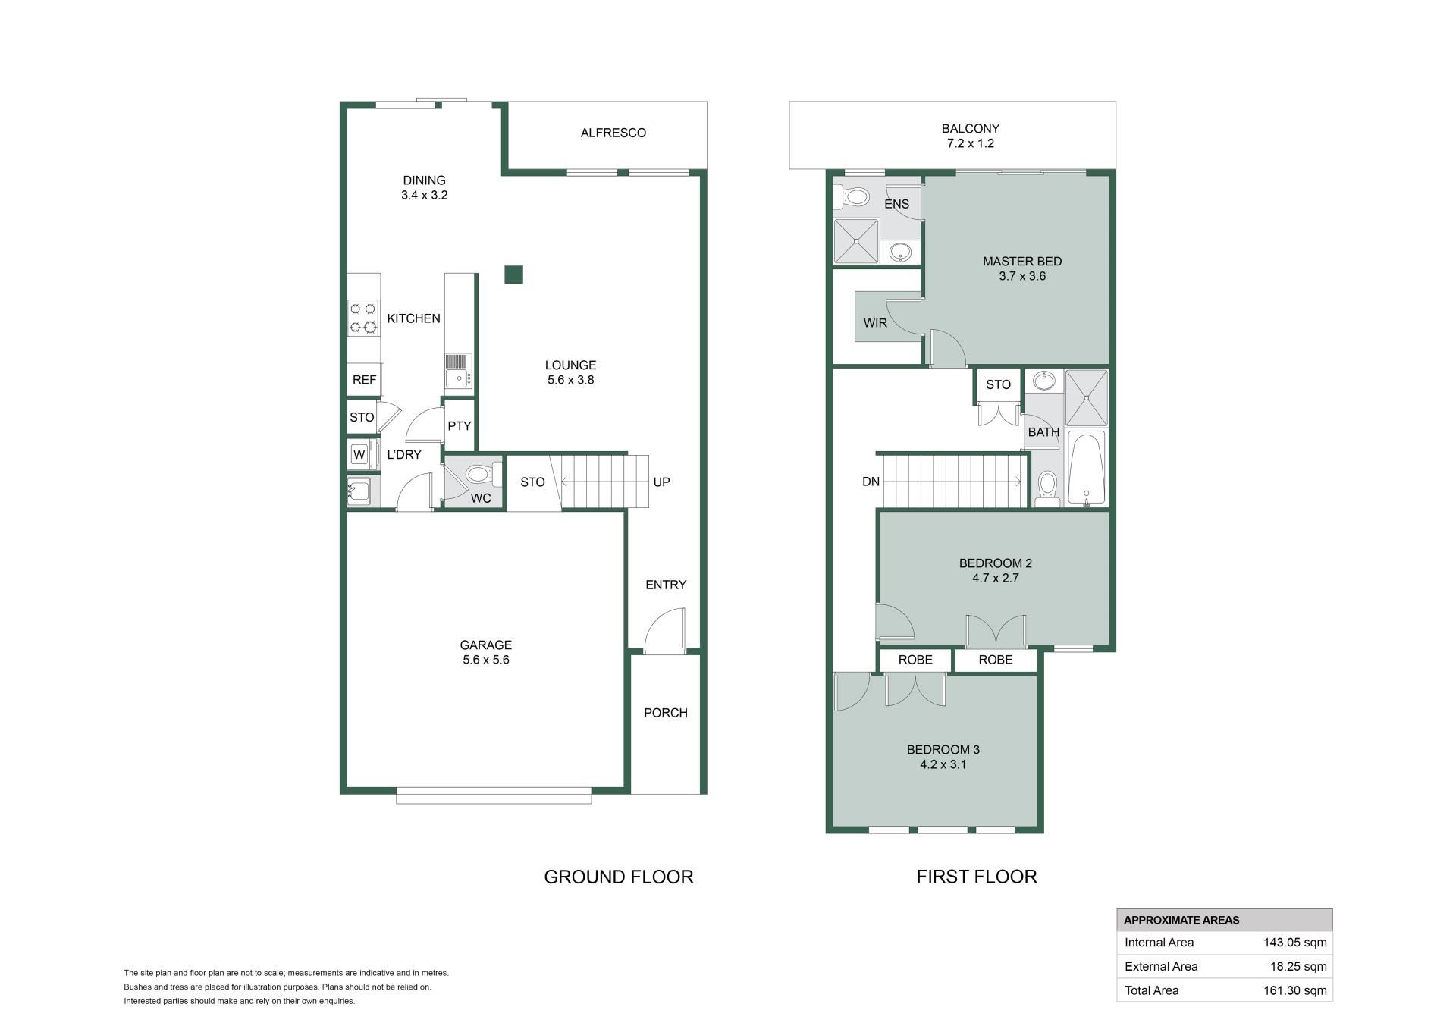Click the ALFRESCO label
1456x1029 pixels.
tap(613, 133)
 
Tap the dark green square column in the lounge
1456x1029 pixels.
tap(514, 275)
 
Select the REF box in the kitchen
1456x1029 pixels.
tap(364, 380)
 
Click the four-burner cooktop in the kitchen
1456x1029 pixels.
tap(363, 318)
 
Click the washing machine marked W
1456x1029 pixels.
tap(359, 454)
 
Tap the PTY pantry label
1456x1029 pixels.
tap(460, 426)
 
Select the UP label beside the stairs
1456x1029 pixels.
tap(661, 482)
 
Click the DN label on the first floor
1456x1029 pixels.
tap(871, 482)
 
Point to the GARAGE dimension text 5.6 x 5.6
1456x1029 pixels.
tap(486, 660)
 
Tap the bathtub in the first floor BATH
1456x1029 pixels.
tap(1087, 468)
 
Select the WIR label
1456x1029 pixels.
tap(875, 323)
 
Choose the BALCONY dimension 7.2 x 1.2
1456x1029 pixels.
tap(971, 143)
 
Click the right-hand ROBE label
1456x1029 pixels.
tap(996, 660)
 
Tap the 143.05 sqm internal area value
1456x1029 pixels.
tap(1295, 943)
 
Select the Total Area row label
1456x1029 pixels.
tap(1151, 990)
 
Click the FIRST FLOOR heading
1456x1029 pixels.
tap(977, 877)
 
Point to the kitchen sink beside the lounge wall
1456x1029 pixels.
tap(459, 371)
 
